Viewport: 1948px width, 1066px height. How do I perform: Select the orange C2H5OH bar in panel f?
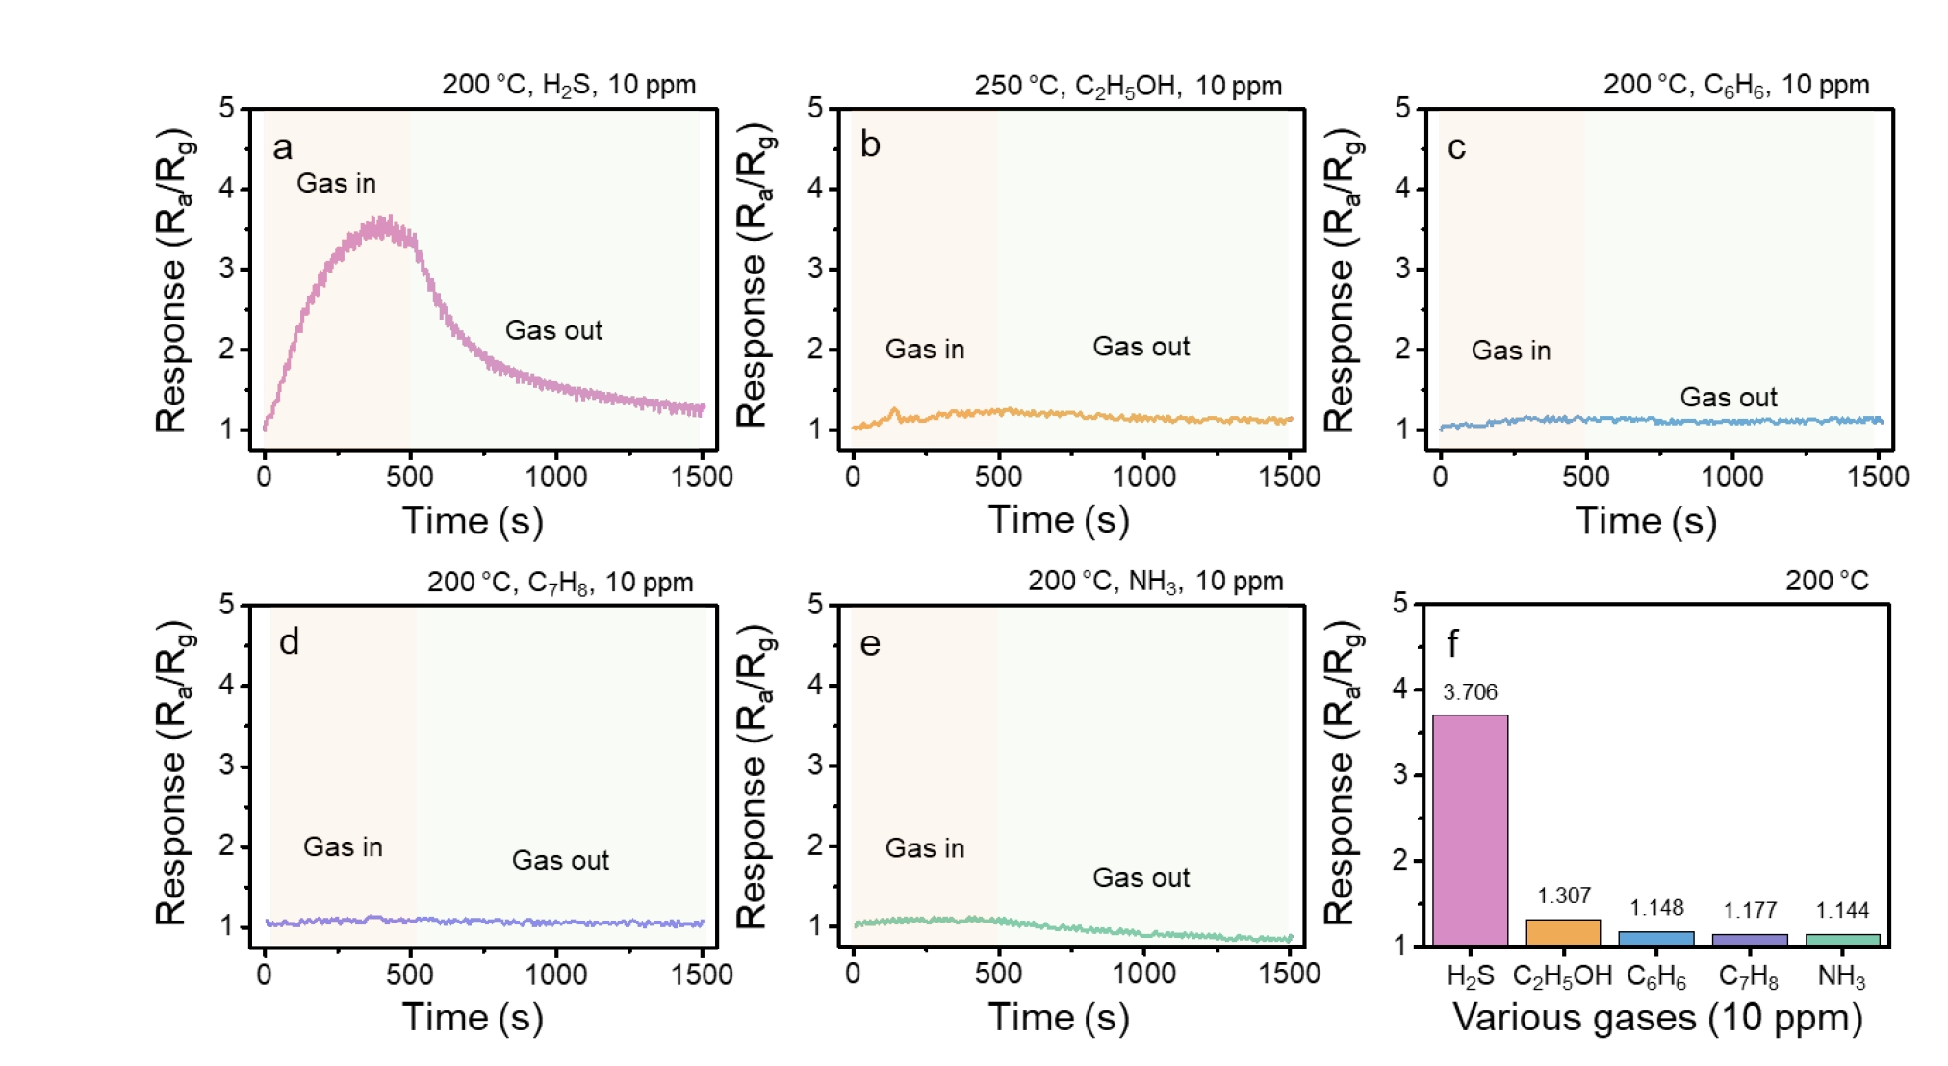[1563, 932]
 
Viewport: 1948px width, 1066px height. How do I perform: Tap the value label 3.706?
[1470, 691]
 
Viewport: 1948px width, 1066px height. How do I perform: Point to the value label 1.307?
[1563, 896]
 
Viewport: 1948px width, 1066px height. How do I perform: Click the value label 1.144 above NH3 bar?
[1841, 910]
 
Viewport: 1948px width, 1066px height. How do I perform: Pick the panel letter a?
[282, 147]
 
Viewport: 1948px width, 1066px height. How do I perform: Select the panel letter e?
[870, 643]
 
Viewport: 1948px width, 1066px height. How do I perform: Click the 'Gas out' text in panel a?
[553, 330]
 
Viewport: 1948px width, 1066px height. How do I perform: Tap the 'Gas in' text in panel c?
[1510, 351]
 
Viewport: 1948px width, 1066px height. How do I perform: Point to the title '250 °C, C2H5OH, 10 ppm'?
[1127, 86]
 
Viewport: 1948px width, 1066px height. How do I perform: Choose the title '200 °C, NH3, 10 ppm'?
[1155, 581]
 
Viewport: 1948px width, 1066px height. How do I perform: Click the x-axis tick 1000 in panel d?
[555, 975]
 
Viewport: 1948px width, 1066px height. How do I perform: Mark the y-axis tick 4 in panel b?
[816, 188]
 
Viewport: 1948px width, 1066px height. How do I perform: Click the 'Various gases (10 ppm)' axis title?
[1656, 1017]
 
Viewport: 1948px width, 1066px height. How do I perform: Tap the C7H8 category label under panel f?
[1748, 976]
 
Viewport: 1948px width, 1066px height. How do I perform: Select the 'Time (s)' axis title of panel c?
[1646, 521]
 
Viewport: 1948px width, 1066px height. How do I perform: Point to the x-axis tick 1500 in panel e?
[1290, 974]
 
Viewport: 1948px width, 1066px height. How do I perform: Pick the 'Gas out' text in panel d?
[560, 860]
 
